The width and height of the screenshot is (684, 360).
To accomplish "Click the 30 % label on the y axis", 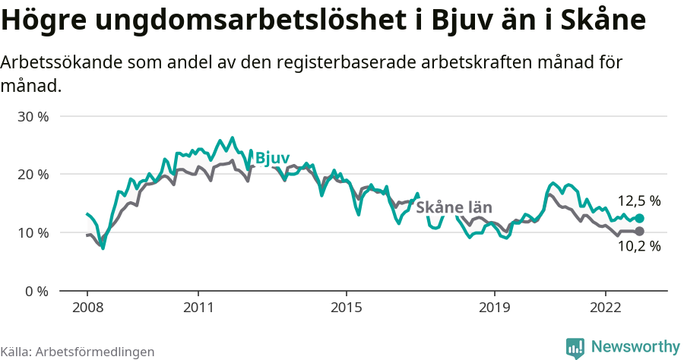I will pyautogui.click(x=33, y=117).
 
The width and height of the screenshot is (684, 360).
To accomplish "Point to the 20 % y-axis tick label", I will pyautogui.click(x=33, y=175).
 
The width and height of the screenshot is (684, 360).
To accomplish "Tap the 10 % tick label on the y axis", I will pyautogui.click(x=33, y=232).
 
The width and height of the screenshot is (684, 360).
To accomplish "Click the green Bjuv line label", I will pyautogui.click(x=272, y=158).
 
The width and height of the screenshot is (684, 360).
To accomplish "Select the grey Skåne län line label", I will pyautogui.click(x=454, y=207).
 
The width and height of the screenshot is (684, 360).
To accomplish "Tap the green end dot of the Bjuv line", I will pyautogui.click(x=639, y=218).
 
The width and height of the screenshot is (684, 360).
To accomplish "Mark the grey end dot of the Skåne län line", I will pyautogui.click(x=639, y=231).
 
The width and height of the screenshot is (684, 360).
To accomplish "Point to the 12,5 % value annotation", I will pyautogui.click(x=638, y=201).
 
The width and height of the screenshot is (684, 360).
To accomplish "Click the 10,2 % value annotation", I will pyautogui.click(x=638, y=246).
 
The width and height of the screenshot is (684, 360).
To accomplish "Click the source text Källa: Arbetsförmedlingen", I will pyautogui.click(x=78, y=352).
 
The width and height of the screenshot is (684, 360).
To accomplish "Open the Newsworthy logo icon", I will pyautogui.click(x=575, y=347).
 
